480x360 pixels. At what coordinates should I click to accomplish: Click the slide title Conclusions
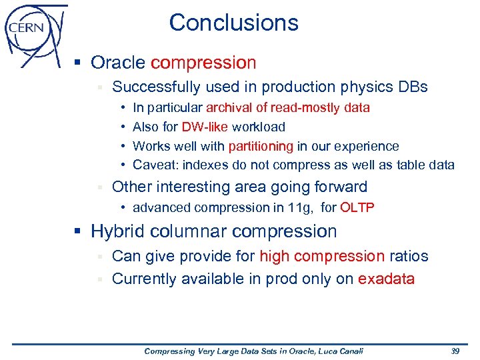pos(233,23)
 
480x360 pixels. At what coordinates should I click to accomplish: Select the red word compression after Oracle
pos(203,63)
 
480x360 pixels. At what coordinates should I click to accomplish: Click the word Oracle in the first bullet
pos(118,63)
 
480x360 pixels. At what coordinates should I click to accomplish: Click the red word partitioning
pos(261,146)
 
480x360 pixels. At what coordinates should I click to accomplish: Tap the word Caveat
pos(152,165)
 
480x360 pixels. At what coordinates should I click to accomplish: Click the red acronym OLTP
pos(357,207)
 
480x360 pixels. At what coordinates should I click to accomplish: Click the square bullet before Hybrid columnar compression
pos(77,232)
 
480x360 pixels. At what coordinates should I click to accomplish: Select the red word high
pos(274,257)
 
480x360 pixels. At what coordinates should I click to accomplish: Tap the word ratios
pos(409,257)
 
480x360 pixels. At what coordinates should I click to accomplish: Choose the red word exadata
pos(386,279)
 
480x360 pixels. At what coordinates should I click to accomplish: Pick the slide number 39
pos(455,351)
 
